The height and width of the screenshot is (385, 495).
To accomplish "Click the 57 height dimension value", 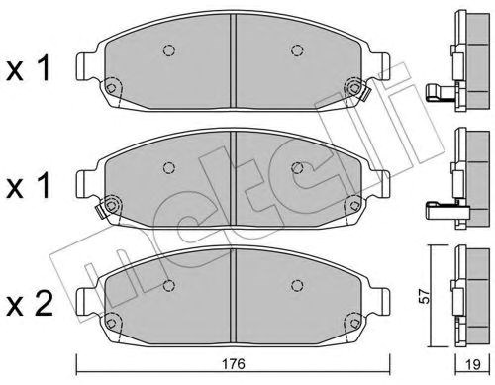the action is pos(426,296).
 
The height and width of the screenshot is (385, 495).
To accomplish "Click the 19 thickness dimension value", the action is pos(473,364).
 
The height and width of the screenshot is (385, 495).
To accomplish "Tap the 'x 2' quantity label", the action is pos(30,304).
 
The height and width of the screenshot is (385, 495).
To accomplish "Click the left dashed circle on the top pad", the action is pos(169,50).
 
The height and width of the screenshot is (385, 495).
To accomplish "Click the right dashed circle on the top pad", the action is pos(297,50).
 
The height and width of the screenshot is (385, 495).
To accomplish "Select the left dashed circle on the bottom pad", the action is pos(169,285).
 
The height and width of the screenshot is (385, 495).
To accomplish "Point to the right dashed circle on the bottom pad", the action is pos(297,285).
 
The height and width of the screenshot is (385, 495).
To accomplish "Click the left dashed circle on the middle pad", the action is pos(169,168).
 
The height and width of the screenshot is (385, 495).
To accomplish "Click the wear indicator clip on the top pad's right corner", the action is pos(365,94).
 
